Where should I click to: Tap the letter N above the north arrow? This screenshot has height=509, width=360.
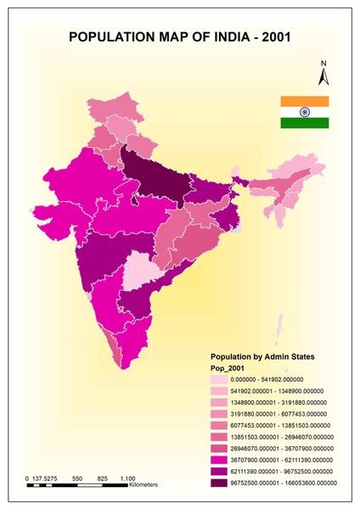pyautogui.click(x=323, y=63)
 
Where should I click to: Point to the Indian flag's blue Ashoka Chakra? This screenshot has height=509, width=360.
pyautogui.click(x=305, y=112)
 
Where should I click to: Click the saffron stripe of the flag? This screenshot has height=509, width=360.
pyautogui.click(x=305, y=102)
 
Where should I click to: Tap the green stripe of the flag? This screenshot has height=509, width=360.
pyautogui.click(x=305, y=123)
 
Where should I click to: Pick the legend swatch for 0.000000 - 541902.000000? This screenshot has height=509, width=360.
pyautogui.click(x=222, y=380)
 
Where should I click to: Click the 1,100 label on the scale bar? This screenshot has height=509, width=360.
pyautogui.click(x=128, y=479)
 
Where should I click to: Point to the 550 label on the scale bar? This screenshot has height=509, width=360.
pyautogui.click(x=78, y=479)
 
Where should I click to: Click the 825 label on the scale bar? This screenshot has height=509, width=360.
pyautogui.click(x=103, y=479)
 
